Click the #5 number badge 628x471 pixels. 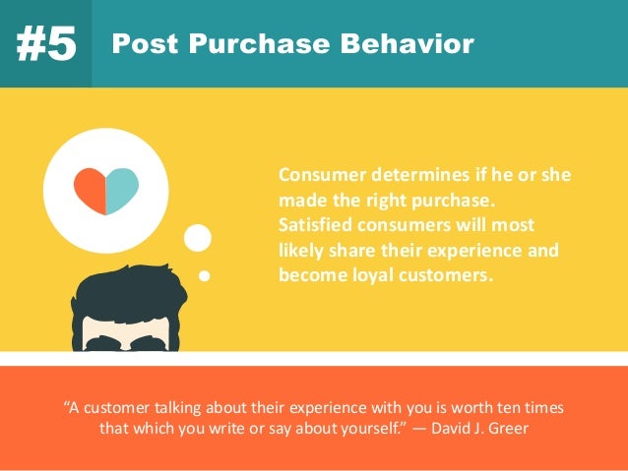click(x=45, y=45)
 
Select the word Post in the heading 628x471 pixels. click(x=139, y=44)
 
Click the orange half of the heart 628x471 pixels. click(x=92, y=188)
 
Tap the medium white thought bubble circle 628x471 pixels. click(x=198, y=238)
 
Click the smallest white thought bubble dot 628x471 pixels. click(x=205, y=275)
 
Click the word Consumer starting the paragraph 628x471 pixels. click(x=321, y=175)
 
